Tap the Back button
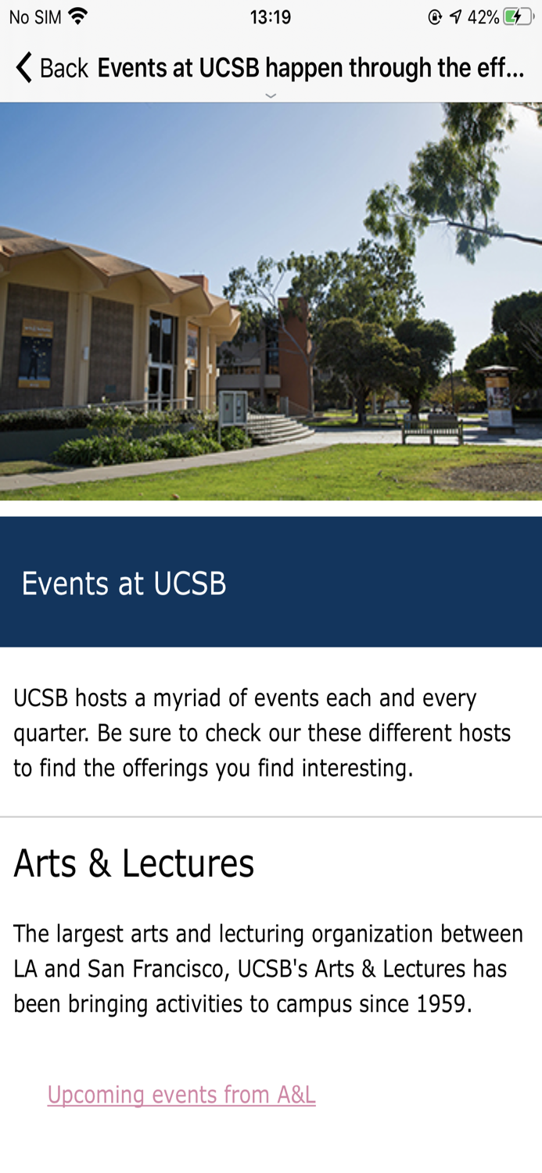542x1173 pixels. [x=52, y=68]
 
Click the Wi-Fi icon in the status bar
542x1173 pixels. [x=78, y=16]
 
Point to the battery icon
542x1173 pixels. [x=518, y=17]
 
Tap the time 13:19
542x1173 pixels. [x=271, y=17]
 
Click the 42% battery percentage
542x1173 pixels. [x=483, y=17]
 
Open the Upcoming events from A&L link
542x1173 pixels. [x=181, y=1095]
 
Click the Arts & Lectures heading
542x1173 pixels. [x=134, y=863]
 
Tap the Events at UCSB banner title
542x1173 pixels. [x=124, y=583]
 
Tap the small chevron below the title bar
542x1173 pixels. [x=271, y=95]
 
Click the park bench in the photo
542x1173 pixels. [x=432, y=428]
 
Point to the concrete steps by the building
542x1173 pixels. [x=278, y=428]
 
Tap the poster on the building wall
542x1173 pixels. [x=34, y=353]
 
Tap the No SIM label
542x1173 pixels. [x=35, y=17]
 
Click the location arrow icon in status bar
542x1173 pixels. [x=455, y=17]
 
